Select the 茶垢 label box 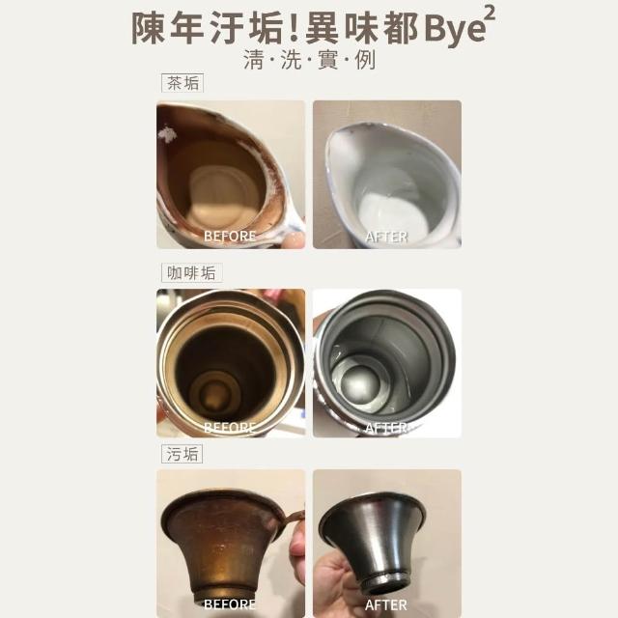[183, 83]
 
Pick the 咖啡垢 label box [192, 272]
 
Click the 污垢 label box [183, 454]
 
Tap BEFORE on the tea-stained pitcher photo [230, 236]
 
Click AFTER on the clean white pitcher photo [386, 237]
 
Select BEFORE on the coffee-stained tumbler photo [230, 428]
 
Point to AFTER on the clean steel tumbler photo [386, 428]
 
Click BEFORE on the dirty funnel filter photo [230, 604]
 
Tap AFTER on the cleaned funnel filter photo [386, 605]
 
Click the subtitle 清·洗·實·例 [309, 60]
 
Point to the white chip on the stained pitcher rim [167, 134]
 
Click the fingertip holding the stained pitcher [295, 239]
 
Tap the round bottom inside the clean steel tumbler [354, 382]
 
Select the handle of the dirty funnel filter [293, 518]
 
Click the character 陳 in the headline [148, 28]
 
